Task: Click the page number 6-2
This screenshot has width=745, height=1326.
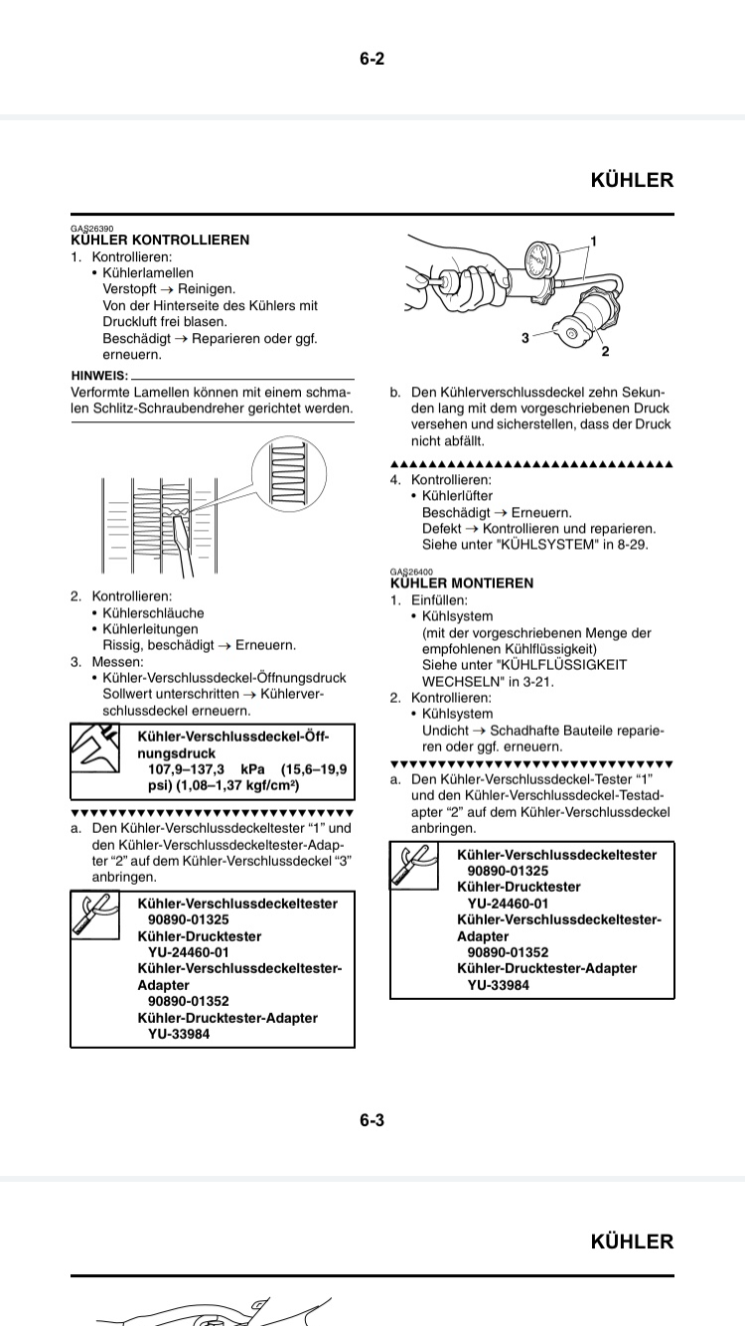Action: [372, 59]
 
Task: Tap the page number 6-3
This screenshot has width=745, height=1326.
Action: [372, 1120]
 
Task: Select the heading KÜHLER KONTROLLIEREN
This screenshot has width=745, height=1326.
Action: [161, 241]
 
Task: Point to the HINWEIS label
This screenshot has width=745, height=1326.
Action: [99, 375]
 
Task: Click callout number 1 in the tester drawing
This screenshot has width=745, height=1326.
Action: [593, 242]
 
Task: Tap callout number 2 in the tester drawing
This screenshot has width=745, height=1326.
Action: [605, 351]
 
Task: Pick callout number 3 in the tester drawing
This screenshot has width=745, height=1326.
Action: [524, 338]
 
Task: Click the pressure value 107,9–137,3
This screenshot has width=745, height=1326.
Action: [187, 770]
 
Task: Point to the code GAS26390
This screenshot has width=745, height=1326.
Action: [91, 229]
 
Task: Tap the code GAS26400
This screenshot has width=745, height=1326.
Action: [411, 572]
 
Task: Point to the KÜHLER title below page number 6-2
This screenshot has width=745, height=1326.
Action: [632, 180]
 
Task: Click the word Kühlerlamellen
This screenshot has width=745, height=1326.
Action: [148, 272]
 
